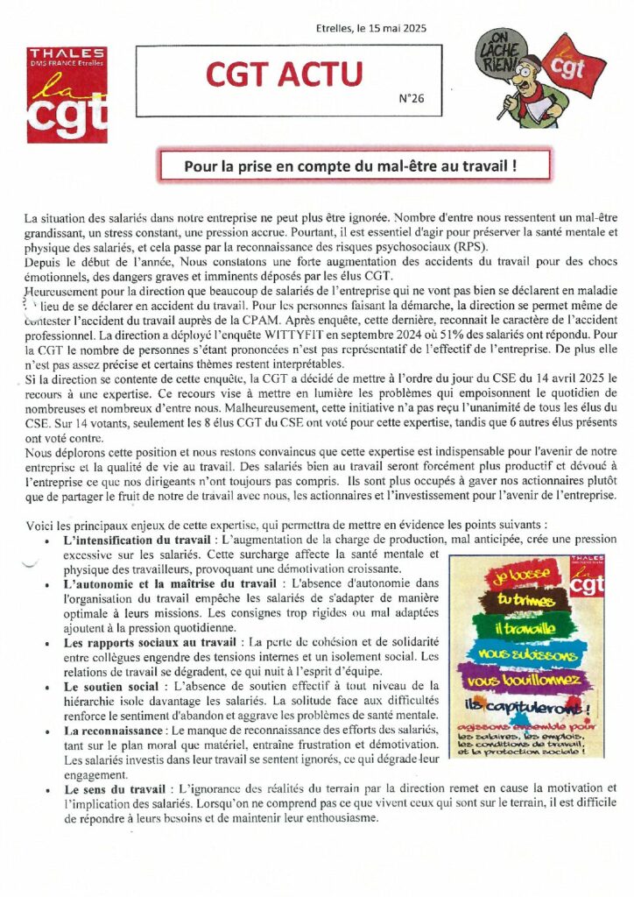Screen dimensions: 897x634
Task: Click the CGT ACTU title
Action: [284, 75]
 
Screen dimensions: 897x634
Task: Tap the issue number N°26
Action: [411, 99]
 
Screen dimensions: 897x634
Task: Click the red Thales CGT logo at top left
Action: [67, 95]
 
